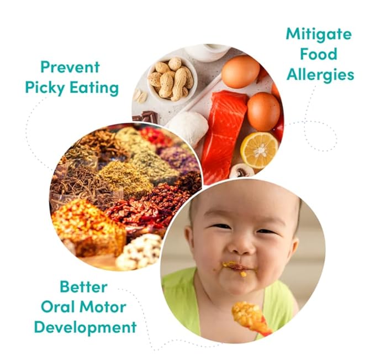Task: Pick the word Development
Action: [85, 326]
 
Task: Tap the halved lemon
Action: [259, 150]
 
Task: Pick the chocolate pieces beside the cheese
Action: [147, 116]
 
